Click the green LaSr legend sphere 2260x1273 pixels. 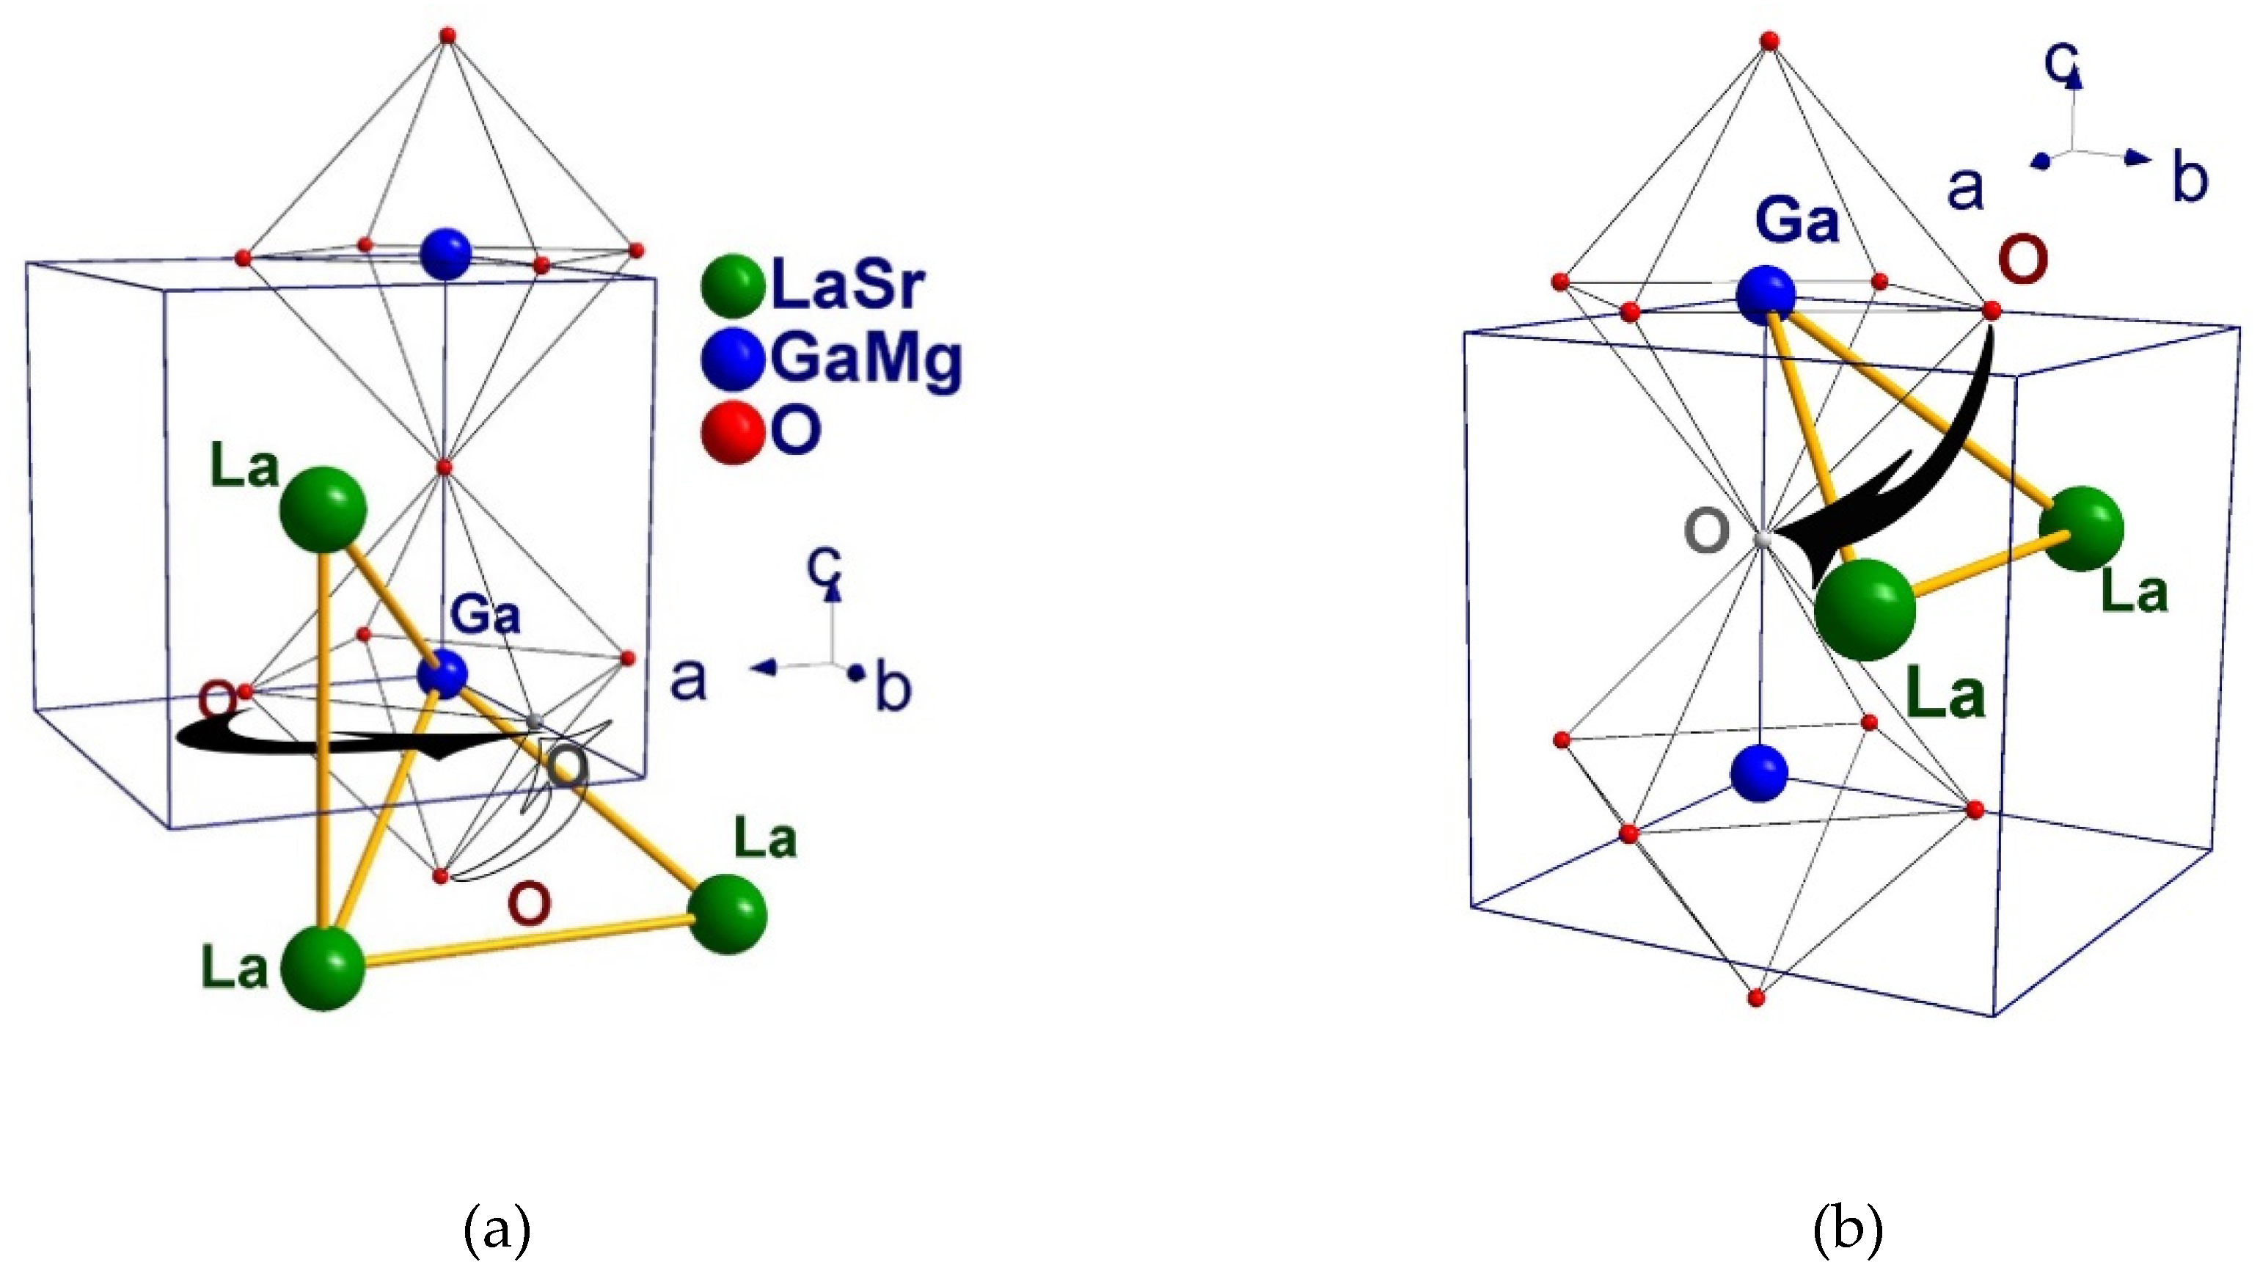[733, 285]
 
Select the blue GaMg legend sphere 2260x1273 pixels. [733, 359]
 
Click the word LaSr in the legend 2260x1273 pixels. [847, 285]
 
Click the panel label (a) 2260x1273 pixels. [497, 1230]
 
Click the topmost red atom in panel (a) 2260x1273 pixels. [448, 35]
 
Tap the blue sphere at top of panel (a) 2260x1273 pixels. [446, 255]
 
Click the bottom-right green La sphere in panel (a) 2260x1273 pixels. [728, 913]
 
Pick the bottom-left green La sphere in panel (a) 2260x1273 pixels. [323, 968]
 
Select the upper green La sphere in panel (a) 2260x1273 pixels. [322, 510]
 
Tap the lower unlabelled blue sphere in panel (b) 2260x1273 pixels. [1759, 773]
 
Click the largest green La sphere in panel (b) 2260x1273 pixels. [1865, 609]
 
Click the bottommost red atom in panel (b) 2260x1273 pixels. [1755, 998]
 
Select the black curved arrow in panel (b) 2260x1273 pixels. [1930, 474]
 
